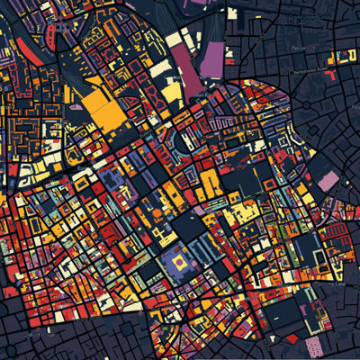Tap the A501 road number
[285, 74]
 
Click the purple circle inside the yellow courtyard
[180, 262]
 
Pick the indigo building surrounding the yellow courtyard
[180, 274]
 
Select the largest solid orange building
[106, 112]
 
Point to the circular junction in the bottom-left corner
[13, 346]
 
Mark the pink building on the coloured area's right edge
[326, 183]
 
